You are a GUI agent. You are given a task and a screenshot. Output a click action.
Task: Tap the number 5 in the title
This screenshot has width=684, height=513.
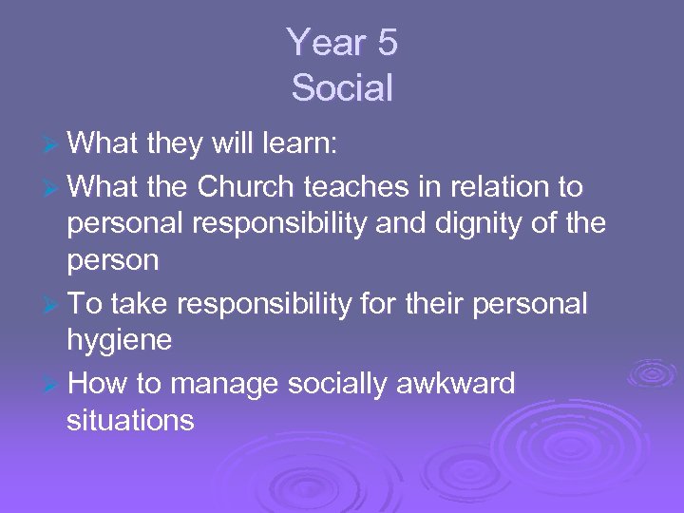[x=385, y=43]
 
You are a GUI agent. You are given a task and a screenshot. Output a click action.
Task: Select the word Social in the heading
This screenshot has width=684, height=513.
[x=342, y=88]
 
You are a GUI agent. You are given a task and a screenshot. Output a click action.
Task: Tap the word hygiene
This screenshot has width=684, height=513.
[x=119, y=341]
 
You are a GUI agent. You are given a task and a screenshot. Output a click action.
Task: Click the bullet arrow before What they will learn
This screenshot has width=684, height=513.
[x=54, y=145]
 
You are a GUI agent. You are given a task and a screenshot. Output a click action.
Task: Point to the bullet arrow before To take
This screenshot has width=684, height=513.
[x=54, y=306]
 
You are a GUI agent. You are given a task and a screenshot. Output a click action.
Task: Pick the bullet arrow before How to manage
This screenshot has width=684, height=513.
[x=54, y=386]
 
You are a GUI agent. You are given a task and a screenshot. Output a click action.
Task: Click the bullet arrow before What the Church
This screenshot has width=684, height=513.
[x=54, y=188]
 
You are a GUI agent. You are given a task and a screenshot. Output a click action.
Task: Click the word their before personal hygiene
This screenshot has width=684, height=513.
[x=433, y=305]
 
